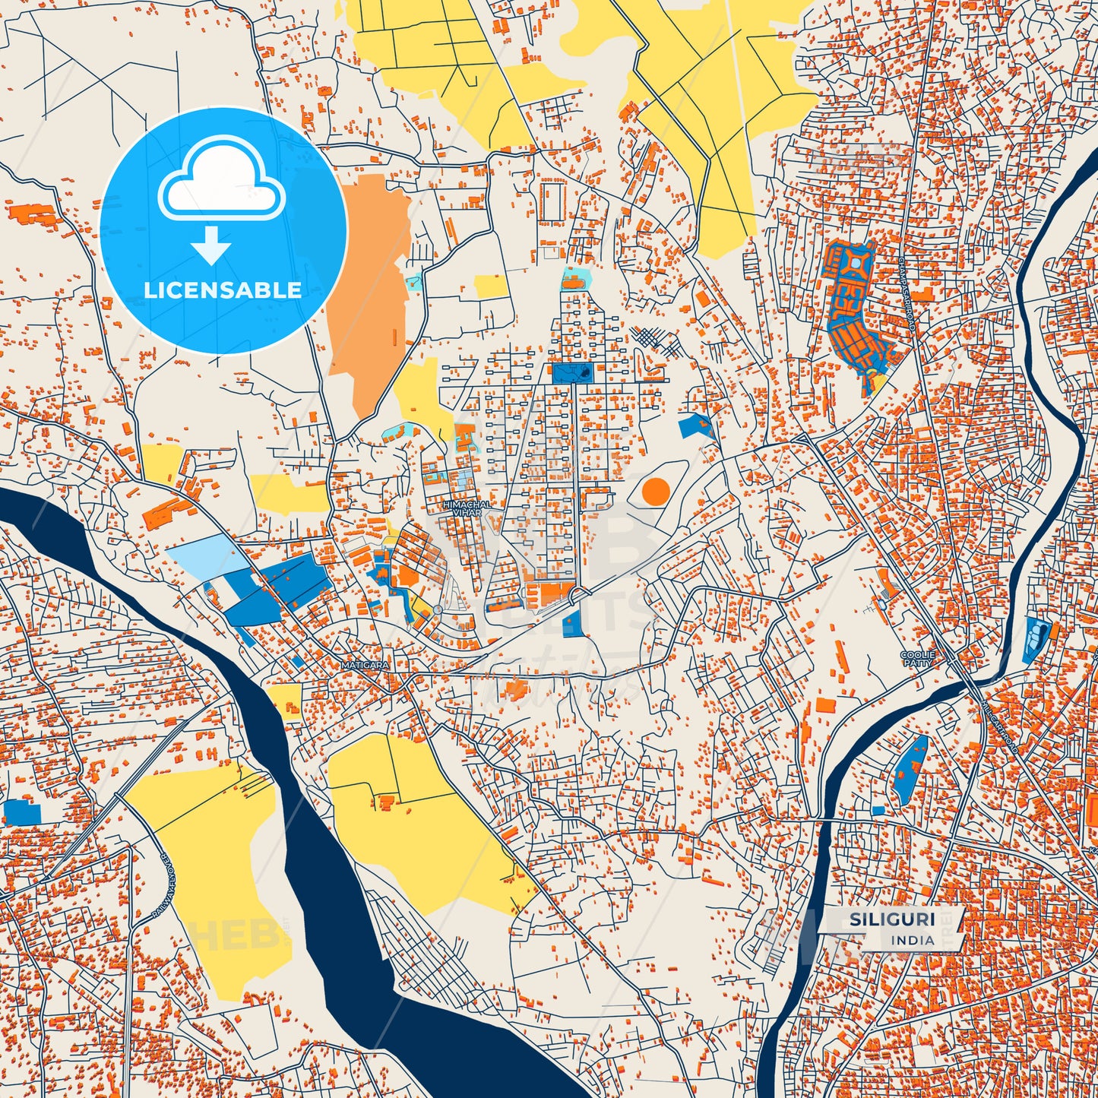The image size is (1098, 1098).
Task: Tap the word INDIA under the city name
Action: coord(913,940)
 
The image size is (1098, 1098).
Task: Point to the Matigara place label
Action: coord(365,665)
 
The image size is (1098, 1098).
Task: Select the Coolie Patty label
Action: coord(916,658)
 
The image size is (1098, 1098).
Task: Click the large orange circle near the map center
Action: coord(656,492)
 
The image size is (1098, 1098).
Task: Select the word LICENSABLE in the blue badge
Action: coord(223,290)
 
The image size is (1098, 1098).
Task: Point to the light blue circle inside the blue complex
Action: coord(856,263)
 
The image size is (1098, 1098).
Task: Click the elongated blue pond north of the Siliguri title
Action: coord(910,769)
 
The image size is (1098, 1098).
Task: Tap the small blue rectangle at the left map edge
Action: coord(21,812)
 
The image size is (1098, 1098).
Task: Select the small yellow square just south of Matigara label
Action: coord(285,700)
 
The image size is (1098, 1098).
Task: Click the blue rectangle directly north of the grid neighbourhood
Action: coord(572,372)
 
